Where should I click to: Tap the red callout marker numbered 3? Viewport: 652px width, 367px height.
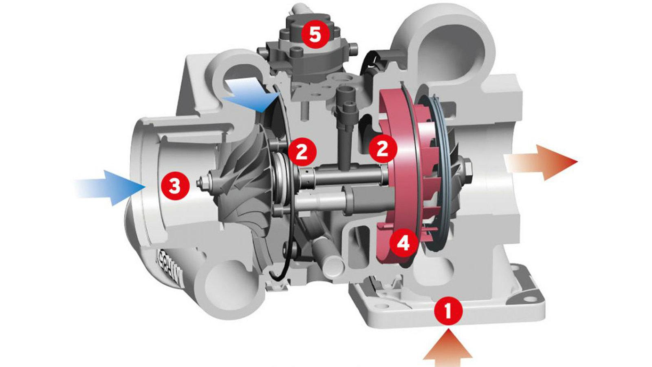click(174, 187)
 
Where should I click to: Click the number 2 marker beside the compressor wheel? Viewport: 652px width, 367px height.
click(302, 152)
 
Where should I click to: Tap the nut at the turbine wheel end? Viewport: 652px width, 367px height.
click(469, 165)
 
